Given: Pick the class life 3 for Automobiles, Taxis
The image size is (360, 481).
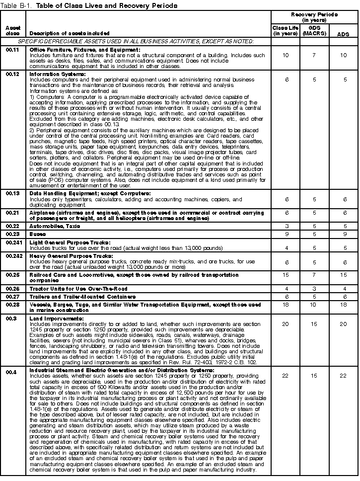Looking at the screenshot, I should coord(285,226).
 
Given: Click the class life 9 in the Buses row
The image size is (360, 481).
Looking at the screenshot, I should coord(285,234).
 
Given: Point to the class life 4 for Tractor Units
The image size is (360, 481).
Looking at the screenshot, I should coord(285,289).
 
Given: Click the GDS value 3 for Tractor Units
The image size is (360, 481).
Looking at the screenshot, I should coord(313,289).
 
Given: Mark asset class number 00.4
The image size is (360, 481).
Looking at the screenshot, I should coord(11,370).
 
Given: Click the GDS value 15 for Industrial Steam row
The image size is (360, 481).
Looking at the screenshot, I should coord(313,375).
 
